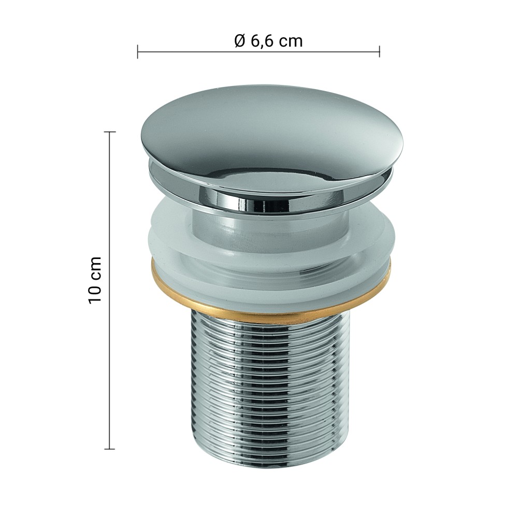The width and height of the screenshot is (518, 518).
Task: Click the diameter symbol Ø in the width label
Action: point(240,41)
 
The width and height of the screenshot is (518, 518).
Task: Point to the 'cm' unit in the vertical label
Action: point(96,266)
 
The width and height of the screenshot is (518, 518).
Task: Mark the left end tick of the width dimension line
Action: point(138,51)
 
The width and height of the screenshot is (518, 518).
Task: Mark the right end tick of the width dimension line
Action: point(380,51)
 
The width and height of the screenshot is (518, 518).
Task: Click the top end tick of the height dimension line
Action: point(110,132)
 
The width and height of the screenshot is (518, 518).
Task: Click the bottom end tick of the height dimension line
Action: point(110,449)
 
